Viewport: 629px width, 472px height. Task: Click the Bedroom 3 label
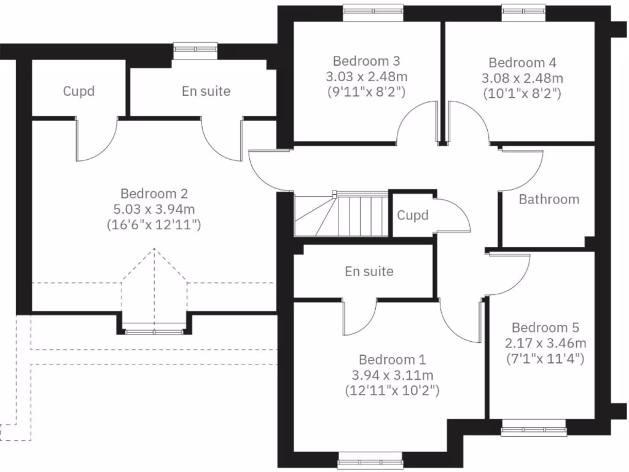[367, 61]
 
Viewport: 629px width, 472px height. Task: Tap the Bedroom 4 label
[522, 62]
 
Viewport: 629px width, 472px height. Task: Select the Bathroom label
[549, 199]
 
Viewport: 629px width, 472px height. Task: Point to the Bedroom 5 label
[545, 327]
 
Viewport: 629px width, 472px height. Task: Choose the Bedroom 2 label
[154, 193]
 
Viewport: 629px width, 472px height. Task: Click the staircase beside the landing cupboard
[341, 213]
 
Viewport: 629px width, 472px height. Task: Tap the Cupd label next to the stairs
[412, 216]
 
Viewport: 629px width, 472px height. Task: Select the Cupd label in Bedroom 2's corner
[79, 91]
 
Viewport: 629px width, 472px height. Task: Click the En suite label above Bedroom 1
[369, 271]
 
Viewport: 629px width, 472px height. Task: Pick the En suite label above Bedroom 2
[206, 91]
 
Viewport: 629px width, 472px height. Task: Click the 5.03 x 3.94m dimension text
[154, 208]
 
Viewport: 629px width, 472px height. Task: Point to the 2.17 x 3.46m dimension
[545, 342]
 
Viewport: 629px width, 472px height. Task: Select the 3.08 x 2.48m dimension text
[522, 78]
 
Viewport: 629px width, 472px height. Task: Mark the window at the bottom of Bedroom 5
[533, 428]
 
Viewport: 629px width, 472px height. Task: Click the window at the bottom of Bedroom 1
[370, 460]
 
